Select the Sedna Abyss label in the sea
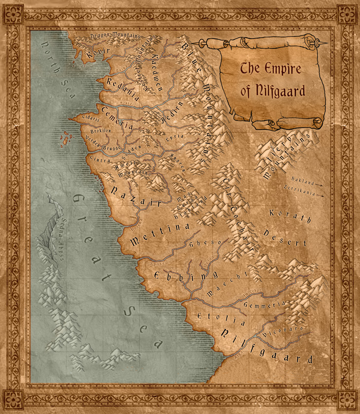(52, 237)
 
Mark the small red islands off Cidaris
(65, 138)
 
